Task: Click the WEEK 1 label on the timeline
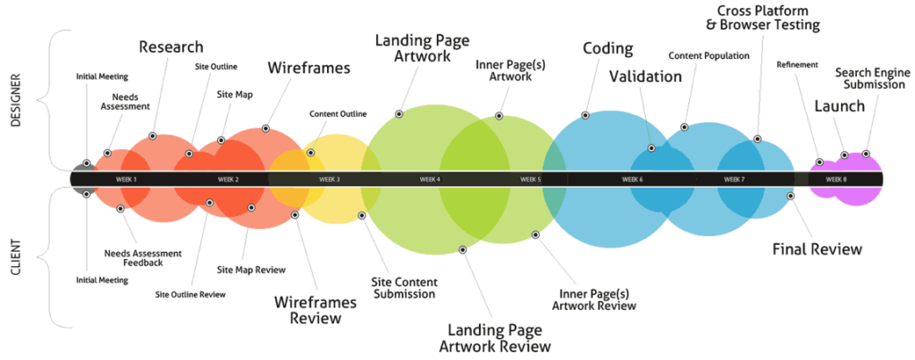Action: (x=127, y=180)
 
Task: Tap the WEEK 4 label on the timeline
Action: (x=430, y=180)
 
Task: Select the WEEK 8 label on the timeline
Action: (x=835, y=180)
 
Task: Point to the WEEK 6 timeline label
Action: (x=633, y=180)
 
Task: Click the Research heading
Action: (x=171, y=46)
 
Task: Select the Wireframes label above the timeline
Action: (x=308, y=68)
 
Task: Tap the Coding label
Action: (x=608, y=48)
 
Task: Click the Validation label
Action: (x=645, y=77)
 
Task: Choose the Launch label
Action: (x=839, y=106)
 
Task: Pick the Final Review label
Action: (x=817, y=248)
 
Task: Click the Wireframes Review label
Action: (x=314, y=309)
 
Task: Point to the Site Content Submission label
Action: (x=404, y=287)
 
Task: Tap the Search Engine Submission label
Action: (x=873, y=77)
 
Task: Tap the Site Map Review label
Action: (x=252, y=269)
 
